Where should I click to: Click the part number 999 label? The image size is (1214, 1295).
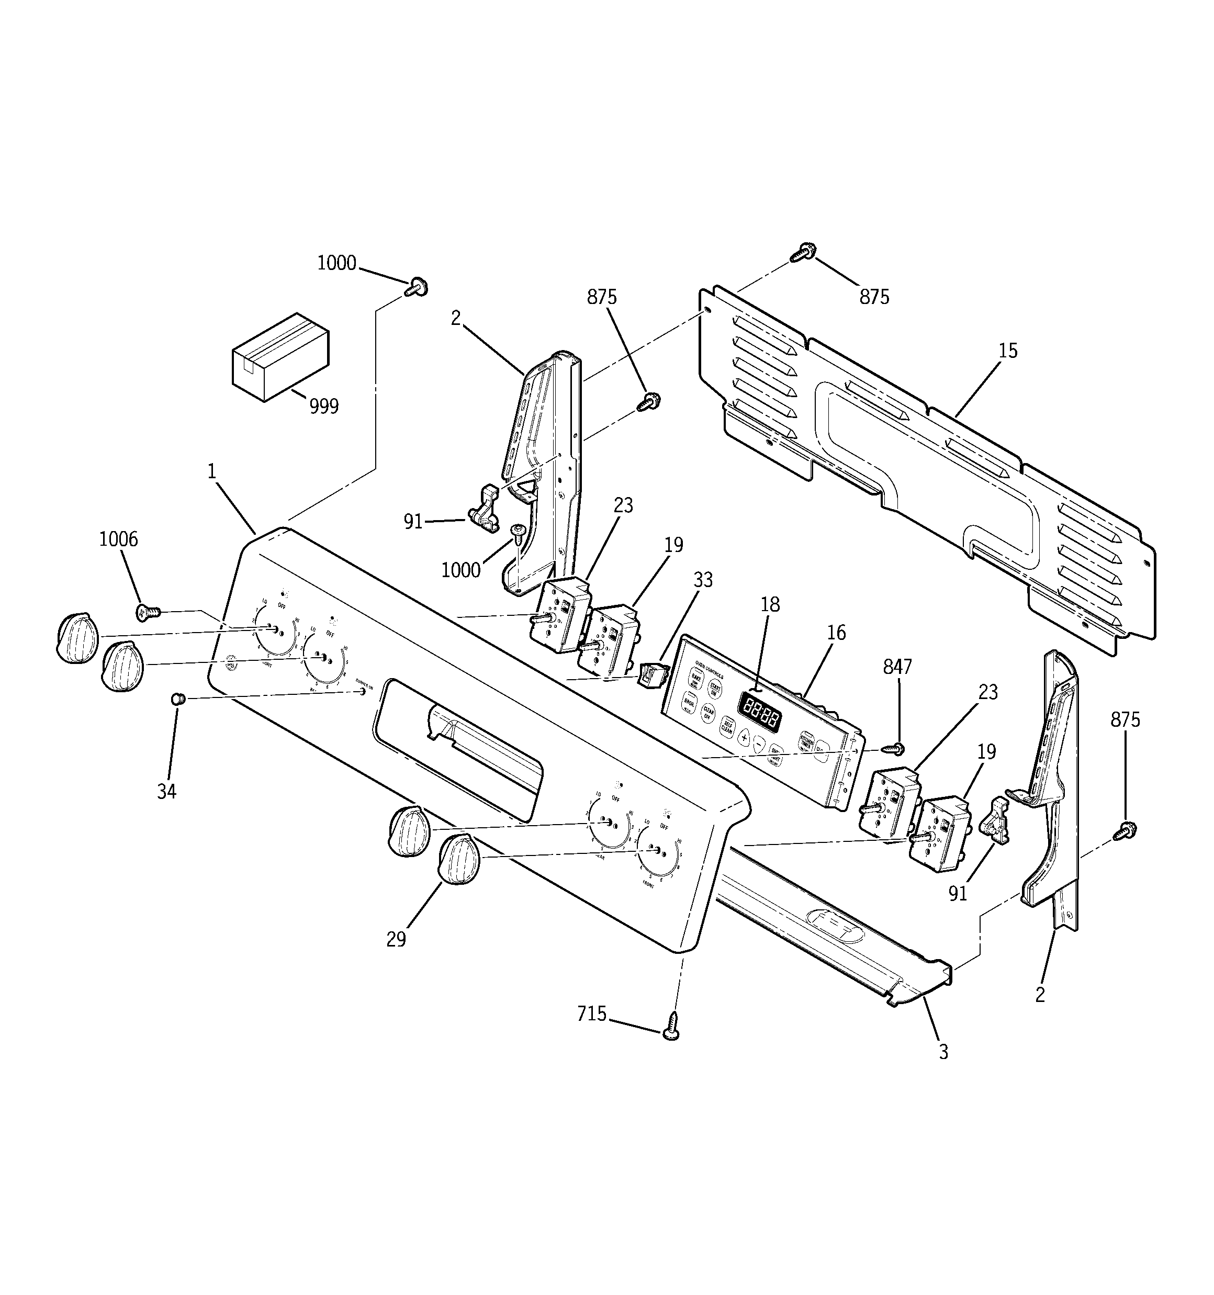pyautogui.click(x=324, y=407)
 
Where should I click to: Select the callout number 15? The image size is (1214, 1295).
pyautogui.click(x=1007, y=351)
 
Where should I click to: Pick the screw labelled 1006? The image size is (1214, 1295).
pyautogui.click(x=147, y=612)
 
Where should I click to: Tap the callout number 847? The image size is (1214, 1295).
pyautogui.click(x=897, y=667)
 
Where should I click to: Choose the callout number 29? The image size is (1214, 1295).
pyautogui.click(x=396, y=939)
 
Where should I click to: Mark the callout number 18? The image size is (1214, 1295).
pyautogui.click(x=770, y=604)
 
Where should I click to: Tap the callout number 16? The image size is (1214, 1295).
pyautogui.click(x=836, y=633)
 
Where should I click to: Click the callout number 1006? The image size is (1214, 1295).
pyautogui.click(x=119, y=539)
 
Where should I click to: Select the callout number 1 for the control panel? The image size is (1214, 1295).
pyautogui.click(x=212, y=471)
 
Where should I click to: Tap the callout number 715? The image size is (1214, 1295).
pyautogui.click(x=592, y=1014)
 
